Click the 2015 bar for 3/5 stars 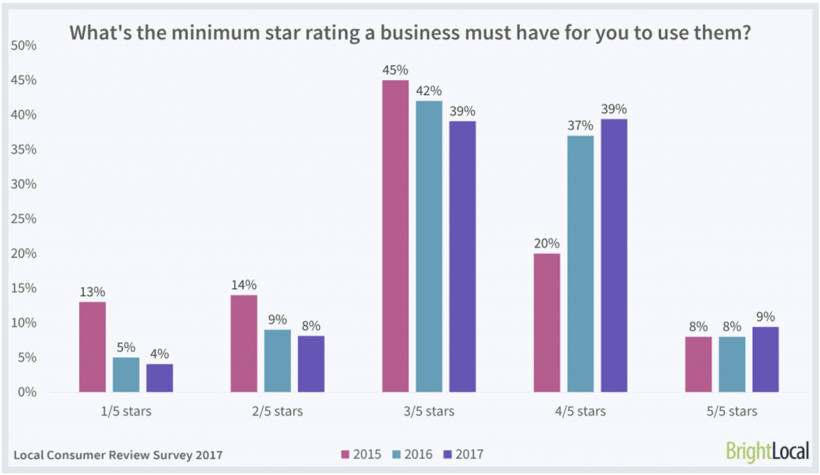395,236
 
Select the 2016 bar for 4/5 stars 580,263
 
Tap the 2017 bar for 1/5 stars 159,378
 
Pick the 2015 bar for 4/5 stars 546,322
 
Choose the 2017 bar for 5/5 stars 765,359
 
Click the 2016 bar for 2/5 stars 277,360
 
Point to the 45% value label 395,71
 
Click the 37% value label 580,126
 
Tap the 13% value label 92,292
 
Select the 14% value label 243,285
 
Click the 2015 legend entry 361,454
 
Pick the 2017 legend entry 463,454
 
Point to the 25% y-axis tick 25,219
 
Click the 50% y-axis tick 25,46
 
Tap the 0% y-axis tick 27,392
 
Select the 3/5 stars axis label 429,411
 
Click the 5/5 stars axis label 732,411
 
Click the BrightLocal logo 767,451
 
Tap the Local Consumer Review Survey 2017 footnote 117,455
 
